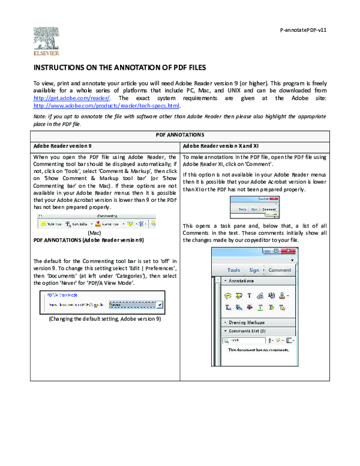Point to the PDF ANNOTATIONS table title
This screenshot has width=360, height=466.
(x=180, y=135)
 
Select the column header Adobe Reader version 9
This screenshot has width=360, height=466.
(x=62, y=146)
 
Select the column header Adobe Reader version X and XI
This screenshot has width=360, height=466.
(x=220, y=146)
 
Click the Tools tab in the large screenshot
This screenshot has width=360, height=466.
(x=233, y=270)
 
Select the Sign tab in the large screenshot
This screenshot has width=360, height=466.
(x=254, y=270)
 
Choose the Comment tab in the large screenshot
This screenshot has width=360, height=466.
(x=280, y=270)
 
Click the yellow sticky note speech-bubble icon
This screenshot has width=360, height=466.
(x=228, y=295)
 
